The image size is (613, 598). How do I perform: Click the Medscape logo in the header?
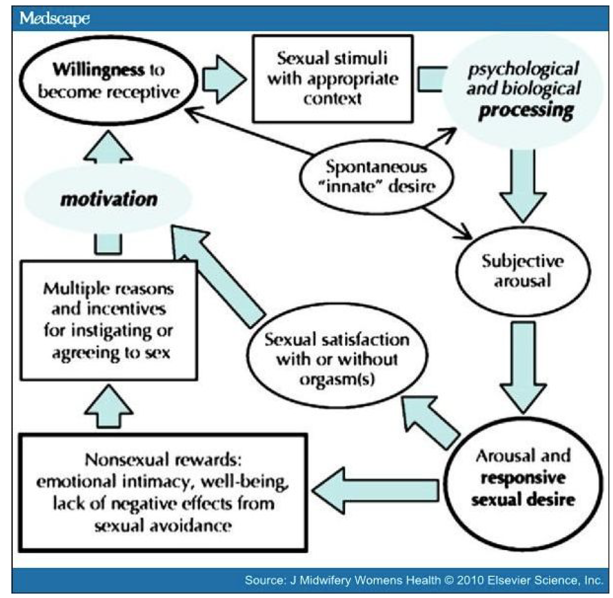(x=54, y=18)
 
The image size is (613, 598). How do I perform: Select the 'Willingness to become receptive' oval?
(x=108, y=81)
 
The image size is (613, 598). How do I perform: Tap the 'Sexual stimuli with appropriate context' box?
(x=332, y=79)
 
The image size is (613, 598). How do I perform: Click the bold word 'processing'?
(x=526, y=110)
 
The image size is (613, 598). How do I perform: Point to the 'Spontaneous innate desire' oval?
(x=376, y=176)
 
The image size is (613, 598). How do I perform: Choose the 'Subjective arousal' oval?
(x=523, y=271)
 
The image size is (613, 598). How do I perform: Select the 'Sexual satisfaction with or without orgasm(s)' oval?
(x=337, y=358)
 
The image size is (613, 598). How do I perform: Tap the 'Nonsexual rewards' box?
(x=163, y=492)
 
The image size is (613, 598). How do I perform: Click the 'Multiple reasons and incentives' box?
(x=108, y=320)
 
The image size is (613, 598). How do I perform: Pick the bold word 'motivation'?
(x=108, y=199)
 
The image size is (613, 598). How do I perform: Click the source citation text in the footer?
(x=423, y=580)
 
